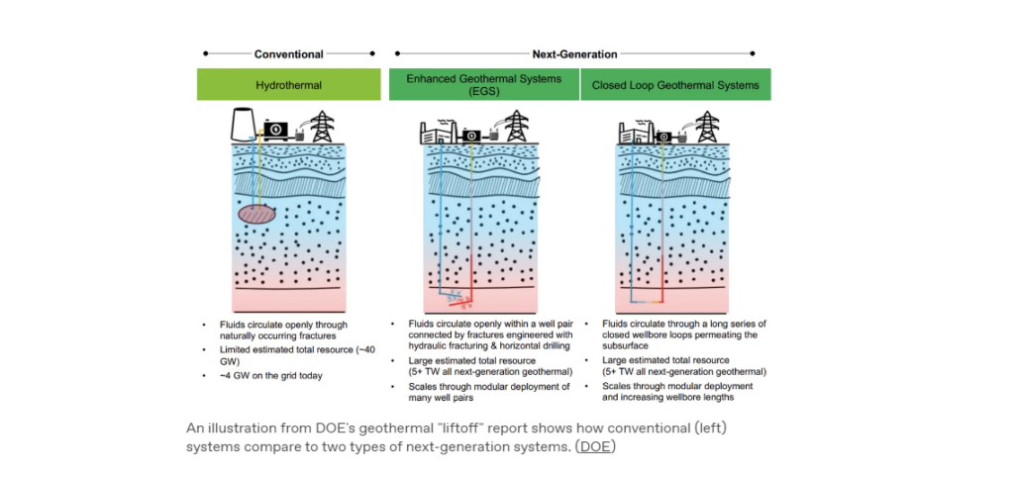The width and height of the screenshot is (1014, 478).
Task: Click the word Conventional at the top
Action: click(x=288, y=54)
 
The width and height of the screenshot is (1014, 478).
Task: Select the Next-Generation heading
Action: click(x=574, y=54)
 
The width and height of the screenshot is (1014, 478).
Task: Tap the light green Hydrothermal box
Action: click(x=288, y=85)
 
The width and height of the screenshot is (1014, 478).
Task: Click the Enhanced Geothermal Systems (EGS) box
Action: click(x=483, y=85)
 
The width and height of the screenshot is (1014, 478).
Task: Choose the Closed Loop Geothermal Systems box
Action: click(x=675, y=85)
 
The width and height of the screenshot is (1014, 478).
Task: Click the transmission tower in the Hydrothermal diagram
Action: click(x=322, y=127)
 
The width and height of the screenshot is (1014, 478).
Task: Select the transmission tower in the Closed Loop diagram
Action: click(x=708, y=127)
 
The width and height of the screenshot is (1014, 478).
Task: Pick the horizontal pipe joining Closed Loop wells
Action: click(x=647, y=302)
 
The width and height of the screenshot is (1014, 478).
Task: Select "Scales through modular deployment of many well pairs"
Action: click(x=489, y=392)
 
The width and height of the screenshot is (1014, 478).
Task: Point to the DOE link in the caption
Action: click(x=595, y=446)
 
